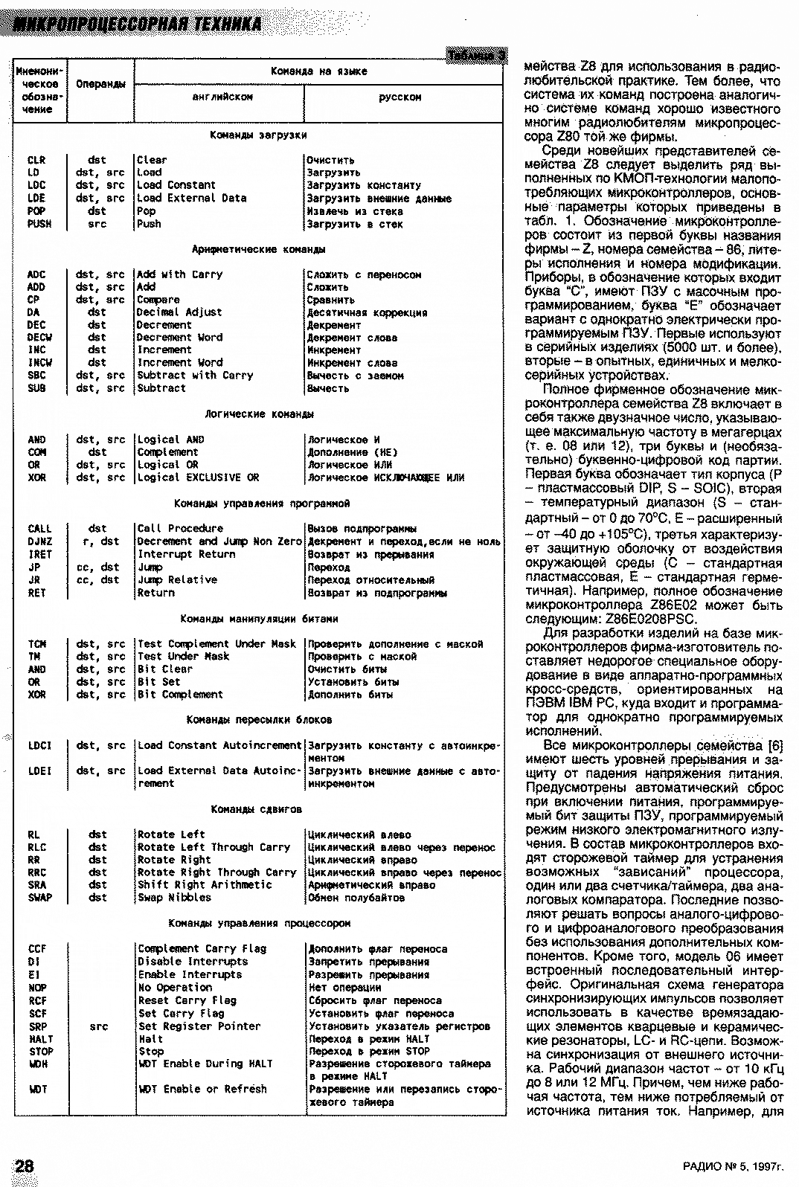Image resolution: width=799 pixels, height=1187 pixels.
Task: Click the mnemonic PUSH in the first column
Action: pyautogui.click(x=36, y=224)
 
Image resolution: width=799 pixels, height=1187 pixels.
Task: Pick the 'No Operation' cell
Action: pyautogui.click(x=175, y=988)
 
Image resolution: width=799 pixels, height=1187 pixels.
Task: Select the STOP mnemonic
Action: pyautogui.click(x=41, y=1052)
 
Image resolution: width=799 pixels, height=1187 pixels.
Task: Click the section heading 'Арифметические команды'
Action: pyautogui.click(x=258, y=249)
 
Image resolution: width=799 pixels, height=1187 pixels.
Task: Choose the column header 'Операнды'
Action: pyautogui.click(x=100, y=84)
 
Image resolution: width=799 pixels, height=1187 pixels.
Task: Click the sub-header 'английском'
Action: pyautogui.click(x=222, y=97)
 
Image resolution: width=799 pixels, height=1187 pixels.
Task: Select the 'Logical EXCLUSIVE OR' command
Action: pyautogui.click(x=198, y=477)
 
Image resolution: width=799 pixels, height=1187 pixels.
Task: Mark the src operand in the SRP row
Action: pyautogui.click(x=98, y=1026)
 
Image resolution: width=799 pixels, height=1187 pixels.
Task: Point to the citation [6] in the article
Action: pyautogui.click(x=774, y=745)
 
